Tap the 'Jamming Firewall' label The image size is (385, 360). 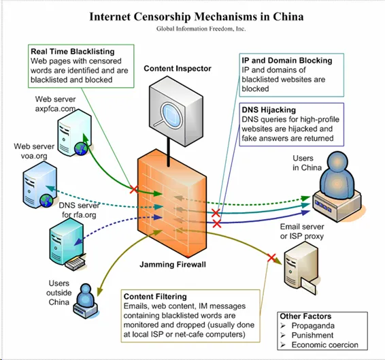(173, 265)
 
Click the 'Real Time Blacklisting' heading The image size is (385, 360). (73, 52)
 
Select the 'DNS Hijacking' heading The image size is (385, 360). (269, 110)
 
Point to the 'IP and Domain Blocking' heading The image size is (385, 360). (287, 61)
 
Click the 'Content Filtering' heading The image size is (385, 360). (155, 297)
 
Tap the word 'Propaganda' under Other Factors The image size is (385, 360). (313, 326)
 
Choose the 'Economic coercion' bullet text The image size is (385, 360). (324, 345)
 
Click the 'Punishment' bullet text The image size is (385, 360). (312, 336)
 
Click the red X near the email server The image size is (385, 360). (271, 258)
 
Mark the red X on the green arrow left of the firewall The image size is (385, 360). (134, 189)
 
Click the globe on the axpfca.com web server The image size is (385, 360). (81, 149)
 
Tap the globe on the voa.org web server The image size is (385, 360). (46, 200)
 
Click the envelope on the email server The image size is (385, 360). (308, 286)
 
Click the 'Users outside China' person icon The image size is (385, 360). (86, 301)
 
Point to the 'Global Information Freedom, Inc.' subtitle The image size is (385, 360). (201, 29)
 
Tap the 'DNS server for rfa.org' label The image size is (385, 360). (79, 210)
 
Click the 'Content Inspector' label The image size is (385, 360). (178, 69)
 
